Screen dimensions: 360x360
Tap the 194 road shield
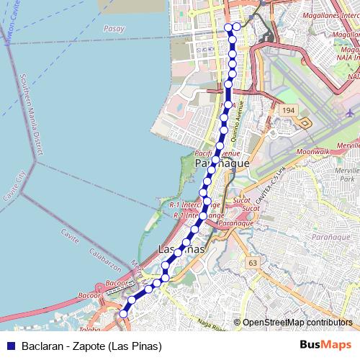coord(289,110)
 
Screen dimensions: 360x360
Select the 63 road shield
coord(252,263)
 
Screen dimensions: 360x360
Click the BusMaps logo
coord(325,344)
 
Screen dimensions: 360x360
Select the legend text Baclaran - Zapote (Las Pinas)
coord(91,345)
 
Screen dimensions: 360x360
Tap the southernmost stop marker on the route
coord(123,313)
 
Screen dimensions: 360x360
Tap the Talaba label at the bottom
coord(89,330)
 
